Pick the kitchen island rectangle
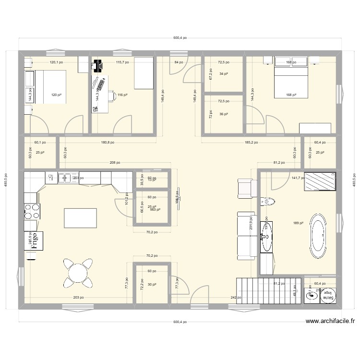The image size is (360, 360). point(80,218)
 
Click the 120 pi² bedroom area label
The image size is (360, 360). point(57,95)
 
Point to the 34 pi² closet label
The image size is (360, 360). point(223,74)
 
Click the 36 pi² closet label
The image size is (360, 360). point(223,114)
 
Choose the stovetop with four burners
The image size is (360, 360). point(32,211)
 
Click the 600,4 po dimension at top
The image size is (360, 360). point(180,37)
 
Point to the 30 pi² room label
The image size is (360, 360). point(152,285)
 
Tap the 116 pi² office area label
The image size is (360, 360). point(122,95)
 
